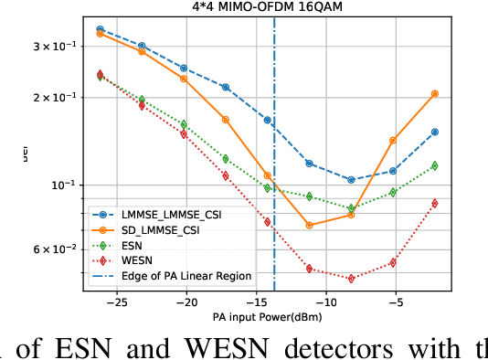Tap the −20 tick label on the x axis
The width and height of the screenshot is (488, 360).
tap(186, 301)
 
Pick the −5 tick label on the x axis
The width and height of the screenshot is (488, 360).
tap(394, 301)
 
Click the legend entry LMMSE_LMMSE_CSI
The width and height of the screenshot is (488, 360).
tap(173, 213)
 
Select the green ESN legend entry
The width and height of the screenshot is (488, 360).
tap(133, 244)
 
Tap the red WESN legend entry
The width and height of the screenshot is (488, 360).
tap(137, 259)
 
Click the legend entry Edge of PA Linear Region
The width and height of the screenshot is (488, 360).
tap(187, 275)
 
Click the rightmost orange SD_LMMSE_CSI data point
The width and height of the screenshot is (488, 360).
tap(435, 94)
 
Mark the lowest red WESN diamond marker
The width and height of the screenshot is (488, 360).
tap(352, 278)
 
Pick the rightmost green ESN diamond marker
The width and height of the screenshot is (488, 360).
tap(435, 165)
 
